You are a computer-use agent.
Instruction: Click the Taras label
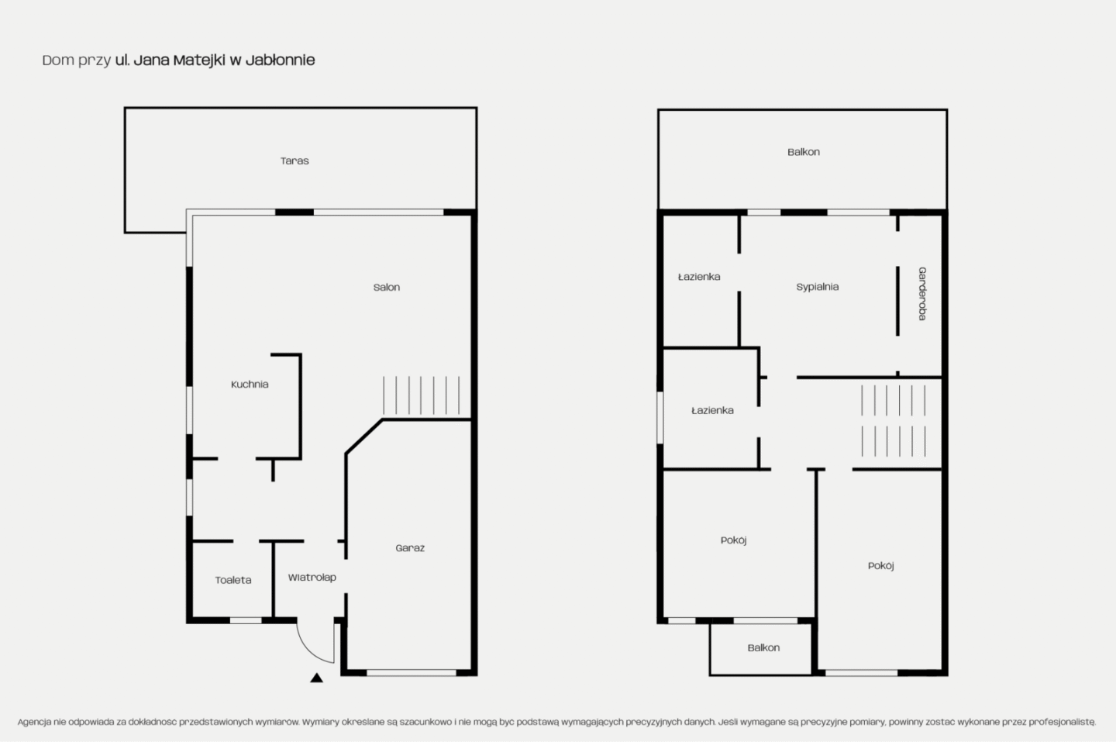pyautogui.click(x=294, y=161)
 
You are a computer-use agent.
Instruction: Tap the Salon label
pyautogui.click(x=387, y=287)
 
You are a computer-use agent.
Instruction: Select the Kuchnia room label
pyautogui.click(x=250, y=385)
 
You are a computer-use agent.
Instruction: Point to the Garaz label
pyautogui.click(x=410, y=548)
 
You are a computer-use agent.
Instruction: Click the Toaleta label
pyautogui.click(x=233, y=580)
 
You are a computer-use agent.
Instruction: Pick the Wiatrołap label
pyautogui.click(x=312, y=577)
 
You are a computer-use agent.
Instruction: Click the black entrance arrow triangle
pyautogui.click(x=316, y=678)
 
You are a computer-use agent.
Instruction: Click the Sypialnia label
pyautogui.click(x=817, y=287)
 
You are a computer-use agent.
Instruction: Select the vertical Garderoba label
pyautogui.click(x=922, y=294)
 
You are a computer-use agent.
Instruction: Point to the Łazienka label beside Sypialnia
pyautogui.click(x=699, y=277)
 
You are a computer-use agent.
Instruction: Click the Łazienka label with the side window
pyautogui.click(x=712, y=411)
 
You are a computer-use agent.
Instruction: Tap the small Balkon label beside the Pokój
pyautogui.click(x=763, y=648)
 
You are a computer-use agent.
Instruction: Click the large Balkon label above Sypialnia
pyautogui.click(x=803, y=152)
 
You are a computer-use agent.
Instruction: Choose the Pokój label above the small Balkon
pyautogui.click(x=733, y=540)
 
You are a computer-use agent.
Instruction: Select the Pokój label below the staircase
pyautogui.click(x=881, y=565)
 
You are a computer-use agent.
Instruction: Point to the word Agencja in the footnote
pyautogui.click(x=34, y=722)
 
